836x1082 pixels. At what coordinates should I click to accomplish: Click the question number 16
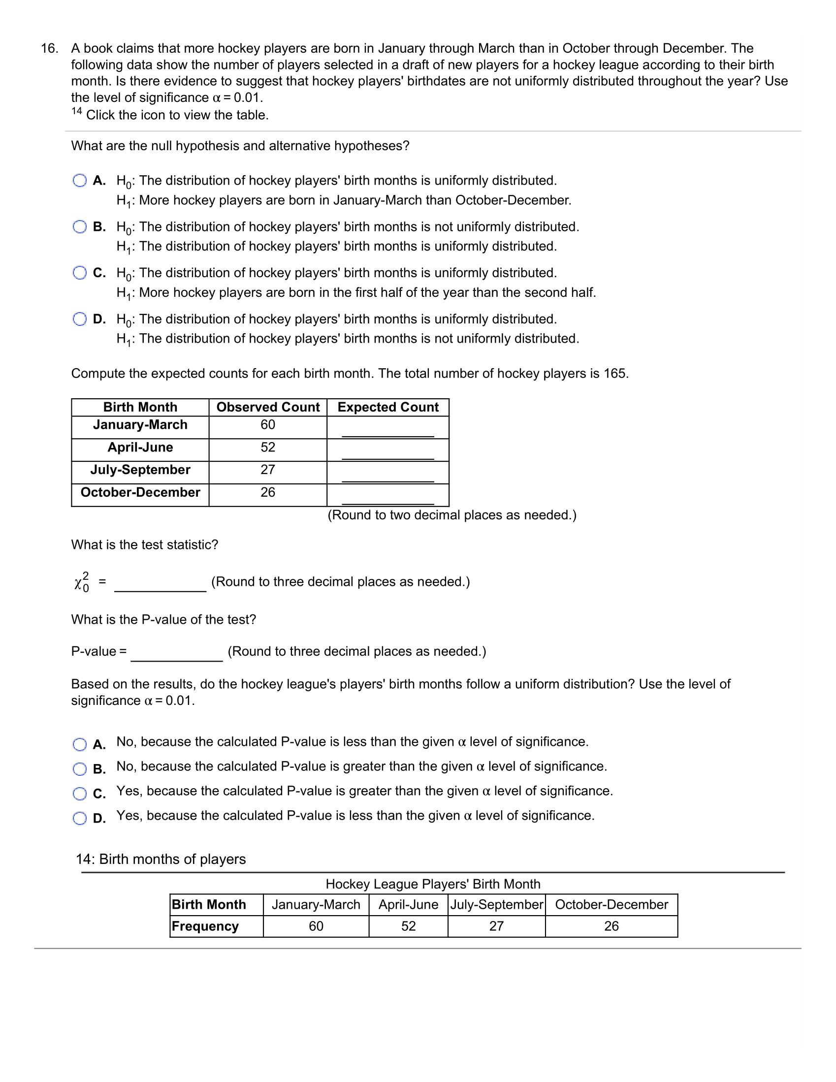click(x=49, y=49)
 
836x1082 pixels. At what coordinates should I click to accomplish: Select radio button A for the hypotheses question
click(x=80, y=180)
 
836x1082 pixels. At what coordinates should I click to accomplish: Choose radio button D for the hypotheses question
click(x=80, y=319)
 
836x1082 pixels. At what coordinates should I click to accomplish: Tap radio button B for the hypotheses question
click(x=80, y=227)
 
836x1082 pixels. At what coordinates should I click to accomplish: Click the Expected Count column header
click(x=387, y=407)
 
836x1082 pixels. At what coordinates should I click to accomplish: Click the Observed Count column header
click(x=268, y=407)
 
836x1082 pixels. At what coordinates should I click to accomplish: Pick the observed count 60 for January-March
click(x=268, y=425)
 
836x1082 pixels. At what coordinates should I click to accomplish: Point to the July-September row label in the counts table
click(x=140, y=470)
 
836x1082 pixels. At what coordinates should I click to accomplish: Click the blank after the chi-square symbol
click(x=160, y=584)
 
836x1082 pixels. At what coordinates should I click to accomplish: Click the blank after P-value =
click(x=176, y=653)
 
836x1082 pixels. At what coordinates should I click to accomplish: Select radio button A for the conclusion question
click(x=80, y=745)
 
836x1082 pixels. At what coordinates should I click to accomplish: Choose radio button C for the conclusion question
click(x=80, y=794)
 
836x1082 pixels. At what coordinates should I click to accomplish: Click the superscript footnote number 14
click(x=76, y=111)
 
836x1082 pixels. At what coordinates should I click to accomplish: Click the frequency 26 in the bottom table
click(x=611, y=926)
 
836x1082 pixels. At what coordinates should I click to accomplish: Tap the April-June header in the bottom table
click(x=408, y=905)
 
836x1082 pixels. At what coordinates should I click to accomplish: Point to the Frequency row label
click(x=205, y=926)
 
